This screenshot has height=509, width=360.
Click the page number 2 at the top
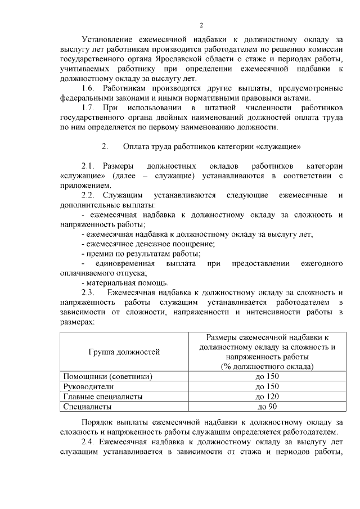[x=201, y=25]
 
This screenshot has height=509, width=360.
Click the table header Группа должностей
[x=124, y=352]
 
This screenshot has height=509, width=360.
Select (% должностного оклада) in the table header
[x=267, y=367]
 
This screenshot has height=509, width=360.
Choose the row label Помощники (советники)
[x=108, y=376]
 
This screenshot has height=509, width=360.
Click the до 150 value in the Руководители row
[x=267, y=386]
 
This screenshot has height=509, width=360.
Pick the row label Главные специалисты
[x=102, y=396]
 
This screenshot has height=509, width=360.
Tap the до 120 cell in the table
[x=267, y=396]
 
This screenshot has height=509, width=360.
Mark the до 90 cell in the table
[x=267, y=406]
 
